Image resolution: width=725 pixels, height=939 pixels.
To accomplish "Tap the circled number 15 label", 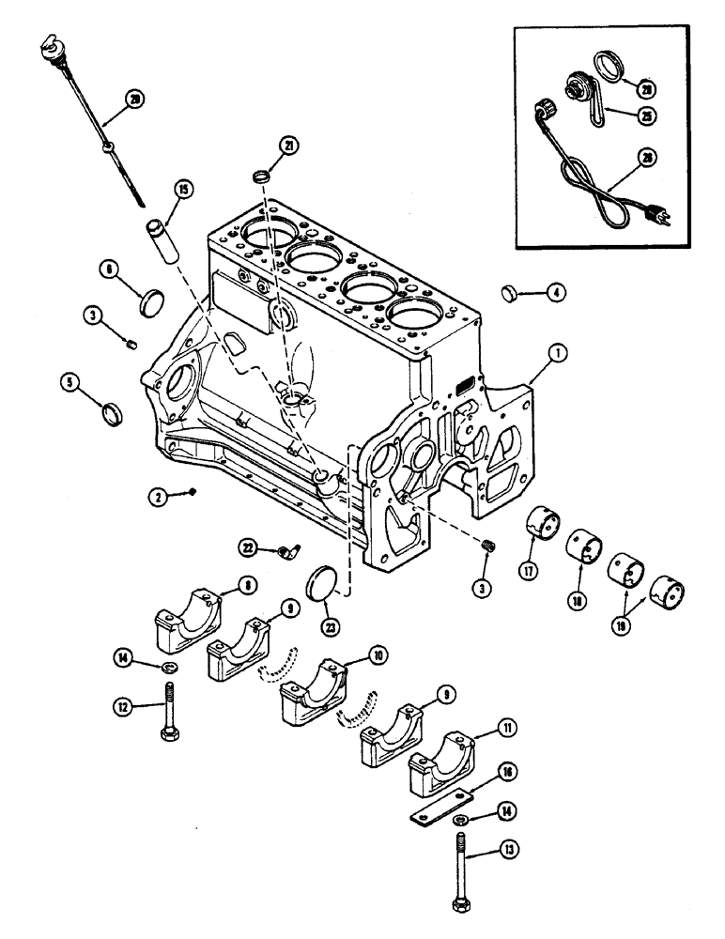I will [x=180, y=191].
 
